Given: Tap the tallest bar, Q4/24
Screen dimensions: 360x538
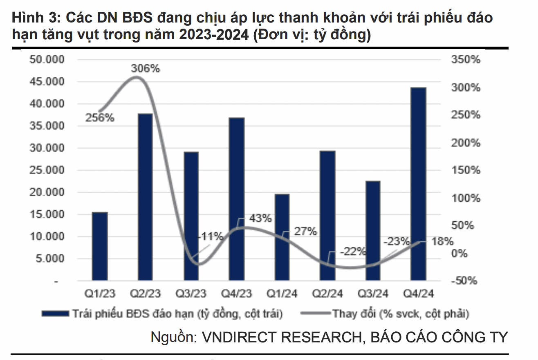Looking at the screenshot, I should tap(418, 184).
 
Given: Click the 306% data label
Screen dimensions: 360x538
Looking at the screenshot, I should tap(145, 69).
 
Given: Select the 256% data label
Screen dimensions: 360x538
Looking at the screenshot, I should tap(100, 118).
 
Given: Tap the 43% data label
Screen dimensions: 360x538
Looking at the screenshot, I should tap(260, 218).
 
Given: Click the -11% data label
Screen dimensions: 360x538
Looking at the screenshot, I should tap(211, 236).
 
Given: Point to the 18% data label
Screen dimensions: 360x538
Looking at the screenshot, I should tap(443, 241).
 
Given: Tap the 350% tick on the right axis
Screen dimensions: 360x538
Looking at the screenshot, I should tap(466, 60).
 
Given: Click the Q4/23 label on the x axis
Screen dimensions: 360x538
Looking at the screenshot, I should tap(236, 294).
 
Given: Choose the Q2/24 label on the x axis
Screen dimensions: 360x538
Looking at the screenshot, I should tap(327, 294).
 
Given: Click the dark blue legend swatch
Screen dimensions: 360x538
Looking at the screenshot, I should tap(55, 314).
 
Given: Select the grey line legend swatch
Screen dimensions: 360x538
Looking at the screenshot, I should tap(315, 314).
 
